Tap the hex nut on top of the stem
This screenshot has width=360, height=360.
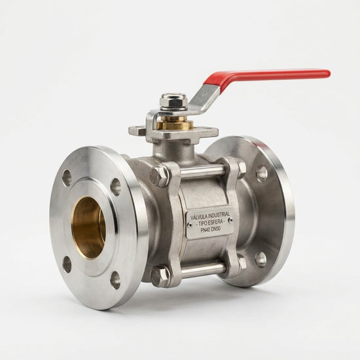coord(174,101)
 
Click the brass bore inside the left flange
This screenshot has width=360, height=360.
coord(88,228)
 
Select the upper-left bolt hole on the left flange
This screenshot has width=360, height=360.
coord(67,177)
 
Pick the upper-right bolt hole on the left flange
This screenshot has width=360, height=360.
coord(115,187)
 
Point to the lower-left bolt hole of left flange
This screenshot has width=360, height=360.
coord(67,264)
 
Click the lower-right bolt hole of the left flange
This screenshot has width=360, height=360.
coord(115,280)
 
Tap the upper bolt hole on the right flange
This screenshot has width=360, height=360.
coord(262,174)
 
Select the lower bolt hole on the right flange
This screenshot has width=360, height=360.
coord(261,259)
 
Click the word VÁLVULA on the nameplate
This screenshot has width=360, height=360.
coord(199,216)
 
